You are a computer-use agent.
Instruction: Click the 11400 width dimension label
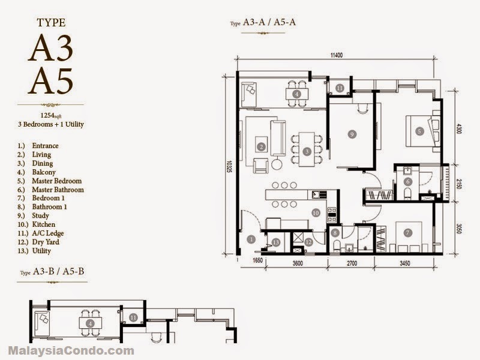pos(336,55)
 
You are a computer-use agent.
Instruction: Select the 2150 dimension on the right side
pos(458,184)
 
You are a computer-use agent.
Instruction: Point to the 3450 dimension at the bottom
pos(404,263)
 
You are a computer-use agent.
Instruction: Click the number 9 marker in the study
pos(352,134)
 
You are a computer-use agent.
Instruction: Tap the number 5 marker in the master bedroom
pos(419,131)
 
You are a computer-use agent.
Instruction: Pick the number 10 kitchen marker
pos(316,213)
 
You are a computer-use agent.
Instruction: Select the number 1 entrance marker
pos(251,239)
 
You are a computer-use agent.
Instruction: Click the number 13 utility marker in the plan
pos(276,243)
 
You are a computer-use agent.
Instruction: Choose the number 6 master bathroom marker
pos(408,182)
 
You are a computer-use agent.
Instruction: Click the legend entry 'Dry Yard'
pos(46,242)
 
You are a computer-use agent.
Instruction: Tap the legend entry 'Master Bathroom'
pos(58,190)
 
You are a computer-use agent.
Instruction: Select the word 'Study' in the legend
pos(40,215)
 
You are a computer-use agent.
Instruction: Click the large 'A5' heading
pos(51,81)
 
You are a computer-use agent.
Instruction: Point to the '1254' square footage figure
pos(47,115)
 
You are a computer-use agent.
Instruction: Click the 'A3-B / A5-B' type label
pos(58,271)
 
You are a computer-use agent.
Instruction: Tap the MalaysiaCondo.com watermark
pos(71,350)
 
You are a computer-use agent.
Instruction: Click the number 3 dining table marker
pos(307,151)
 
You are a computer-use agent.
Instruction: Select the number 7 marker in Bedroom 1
pos(407,233)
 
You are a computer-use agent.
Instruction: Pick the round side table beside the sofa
pos(277,164)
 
